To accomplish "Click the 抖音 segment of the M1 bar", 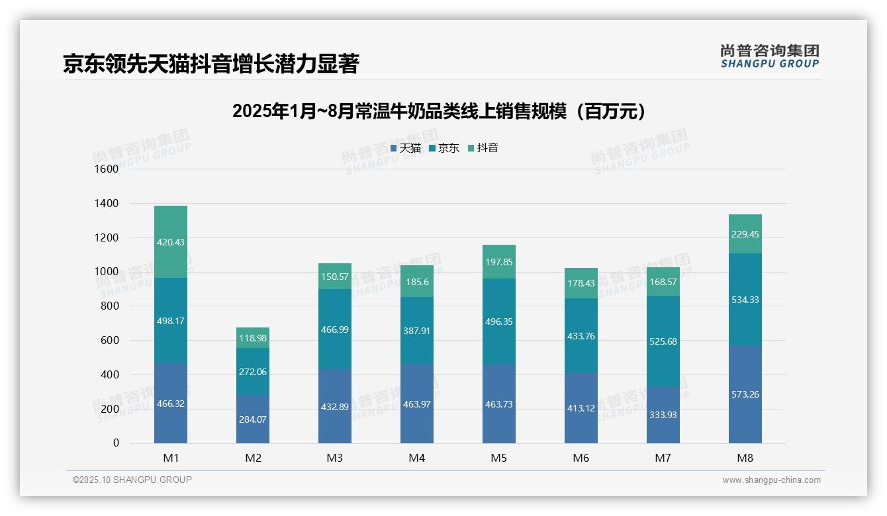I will pos(171,241).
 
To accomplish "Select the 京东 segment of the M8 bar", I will pos(745,299).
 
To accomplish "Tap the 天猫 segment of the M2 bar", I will pos(253,419).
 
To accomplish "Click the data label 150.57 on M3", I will pos(335,277).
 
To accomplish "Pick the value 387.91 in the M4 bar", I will pos(417,330).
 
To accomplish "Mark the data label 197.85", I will pos(499,262).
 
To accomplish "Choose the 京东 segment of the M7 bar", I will pos(663,341).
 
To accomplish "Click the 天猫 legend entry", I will pos(406,148).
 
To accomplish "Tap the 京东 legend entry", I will pos(444,148).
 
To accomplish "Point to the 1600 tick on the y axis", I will pos(107,169).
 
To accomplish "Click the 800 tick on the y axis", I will pos(110,306).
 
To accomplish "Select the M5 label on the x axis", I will pos(499,458).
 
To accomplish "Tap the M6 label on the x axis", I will pos(581,458).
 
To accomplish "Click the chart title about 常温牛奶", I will pos(439,112).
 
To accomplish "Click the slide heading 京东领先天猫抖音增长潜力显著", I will pos(210,64).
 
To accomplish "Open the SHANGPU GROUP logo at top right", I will pos(769,56).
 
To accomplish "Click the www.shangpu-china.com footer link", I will pos(771,480).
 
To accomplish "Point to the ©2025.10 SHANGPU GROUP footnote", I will pos(132,480).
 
